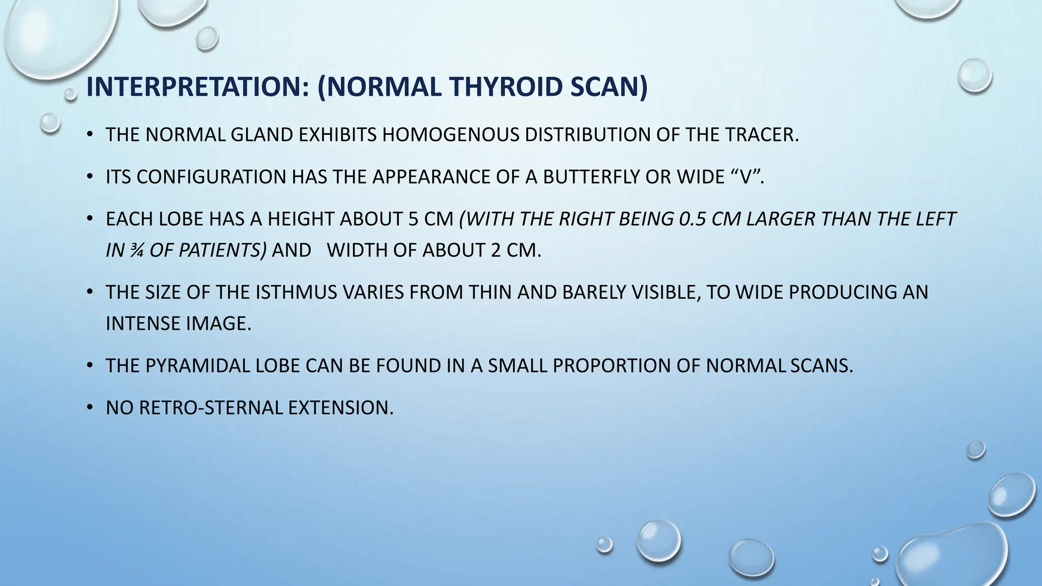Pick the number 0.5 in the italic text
[692, 219]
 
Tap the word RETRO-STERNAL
[210, 408]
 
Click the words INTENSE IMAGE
[178, 324]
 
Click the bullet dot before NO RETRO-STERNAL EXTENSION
[90, 407]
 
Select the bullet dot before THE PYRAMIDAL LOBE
[90, 365]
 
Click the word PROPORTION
[610, 366]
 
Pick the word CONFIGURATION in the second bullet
[211, 177]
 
